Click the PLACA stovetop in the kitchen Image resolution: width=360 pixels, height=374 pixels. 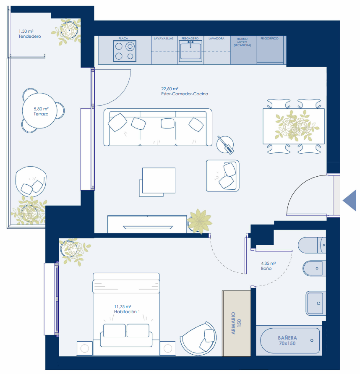(x=125, y=51)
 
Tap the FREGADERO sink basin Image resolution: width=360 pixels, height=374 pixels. (x=190, y=51)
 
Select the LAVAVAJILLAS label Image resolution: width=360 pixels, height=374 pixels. (x=164, y=38)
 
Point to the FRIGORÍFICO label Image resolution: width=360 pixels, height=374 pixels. (x=269, y=38)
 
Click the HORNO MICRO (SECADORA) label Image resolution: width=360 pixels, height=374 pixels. (x=242, y=42)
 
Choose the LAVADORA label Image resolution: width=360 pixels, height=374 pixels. (x=217, y=38)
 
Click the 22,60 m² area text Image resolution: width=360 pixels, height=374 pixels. (x=170, y=89)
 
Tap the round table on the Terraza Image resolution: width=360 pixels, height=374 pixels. (x=40, y=110)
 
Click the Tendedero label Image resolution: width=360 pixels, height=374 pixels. (x=30, y=36)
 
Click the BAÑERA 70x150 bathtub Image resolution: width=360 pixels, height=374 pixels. (x=290, y=340)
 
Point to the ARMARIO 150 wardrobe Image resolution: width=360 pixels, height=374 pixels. (x=236, y=324)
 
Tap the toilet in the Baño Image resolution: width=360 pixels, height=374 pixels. (x=312, y=245)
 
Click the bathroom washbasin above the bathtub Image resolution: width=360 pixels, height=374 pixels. (x=316, y=303)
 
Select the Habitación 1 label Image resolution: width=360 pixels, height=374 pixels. (x=127, y=312)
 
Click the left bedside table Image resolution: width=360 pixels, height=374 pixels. (x=85, y=348)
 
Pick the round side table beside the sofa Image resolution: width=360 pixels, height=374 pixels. (x=225, y=144)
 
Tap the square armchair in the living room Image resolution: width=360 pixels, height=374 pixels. (x=223, y=176)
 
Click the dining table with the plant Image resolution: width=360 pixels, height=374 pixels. (x=294, y=126)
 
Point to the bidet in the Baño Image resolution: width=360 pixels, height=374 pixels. (x=314, y=268)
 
